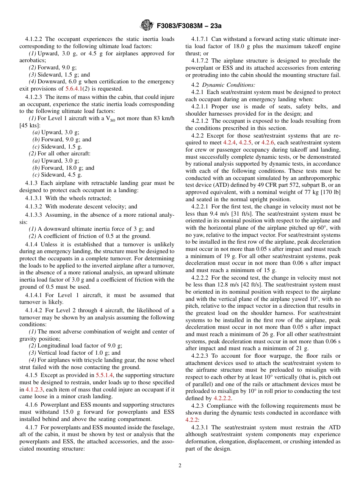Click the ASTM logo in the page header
[x=146, y=25]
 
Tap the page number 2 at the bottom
[x=180, y=466]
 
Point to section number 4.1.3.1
[x=34, y=198]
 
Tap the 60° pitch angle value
[x=324, y=228]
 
